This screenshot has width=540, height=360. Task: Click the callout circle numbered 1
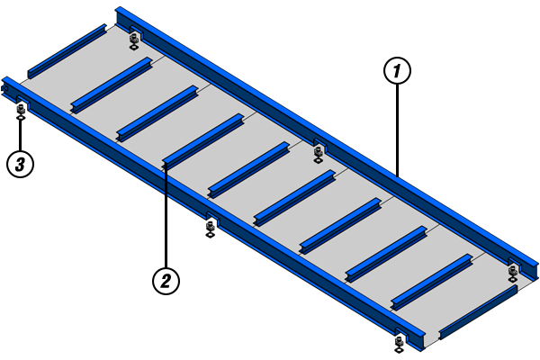tap(397, 70)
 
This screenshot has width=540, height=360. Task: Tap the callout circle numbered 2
tap(166, 281)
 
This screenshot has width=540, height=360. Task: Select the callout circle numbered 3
tap(21, 164)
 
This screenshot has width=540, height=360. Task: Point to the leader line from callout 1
tap(398, 130)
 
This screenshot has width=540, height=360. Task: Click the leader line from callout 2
tap(166, 216)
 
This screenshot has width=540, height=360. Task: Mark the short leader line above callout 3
tap(21, 135)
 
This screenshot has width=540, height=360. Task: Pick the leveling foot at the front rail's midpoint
tap(210, 229)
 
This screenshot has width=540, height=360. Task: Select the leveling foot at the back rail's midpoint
tap(318, 155)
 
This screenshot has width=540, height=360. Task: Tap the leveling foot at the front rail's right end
tap(399, 345)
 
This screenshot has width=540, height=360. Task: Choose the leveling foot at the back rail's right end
tap(513, 274)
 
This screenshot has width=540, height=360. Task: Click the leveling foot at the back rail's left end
tap(134, 41)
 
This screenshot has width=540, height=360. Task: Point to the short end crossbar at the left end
tap(67, 51)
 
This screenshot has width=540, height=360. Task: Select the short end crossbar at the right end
tap(479, 312)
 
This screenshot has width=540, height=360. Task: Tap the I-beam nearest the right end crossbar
tap(432, 282)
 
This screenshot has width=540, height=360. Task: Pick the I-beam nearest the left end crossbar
tap(112, 85)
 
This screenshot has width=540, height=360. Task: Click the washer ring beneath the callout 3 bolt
tap(21, 118)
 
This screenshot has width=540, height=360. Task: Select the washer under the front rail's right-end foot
tap(399, 350)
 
